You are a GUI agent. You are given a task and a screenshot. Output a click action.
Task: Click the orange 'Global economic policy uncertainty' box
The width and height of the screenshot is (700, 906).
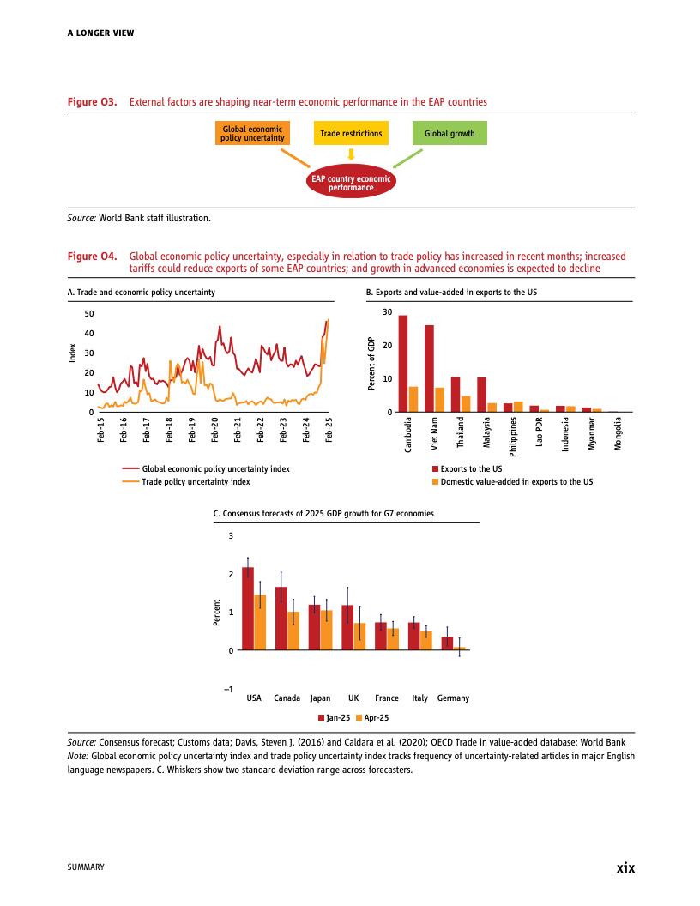(x=252, y=133)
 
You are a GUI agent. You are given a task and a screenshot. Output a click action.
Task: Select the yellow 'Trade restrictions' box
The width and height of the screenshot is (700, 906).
(x=351, y=134)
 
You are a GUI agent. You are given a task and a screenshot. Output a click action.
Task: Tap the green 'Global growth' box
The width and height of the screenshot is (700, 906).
(x=450, y=134)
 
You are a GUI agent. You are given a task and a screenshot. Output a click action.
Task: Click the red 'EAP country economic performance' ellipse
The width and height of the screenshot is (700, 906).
(x=351, y=183)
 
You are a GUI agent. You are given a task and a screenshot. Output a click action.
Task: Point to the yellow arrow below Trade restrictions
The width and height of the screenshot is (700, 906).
(x=351, y=154)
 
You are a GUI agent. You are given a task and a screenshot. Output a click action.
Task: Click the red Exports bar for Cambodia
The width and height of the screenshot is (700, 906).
(x=403, y=364)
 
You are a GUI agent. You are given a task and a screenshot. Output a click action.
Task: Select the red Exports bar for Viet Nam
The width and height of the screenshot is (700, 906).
(x=429, y=369)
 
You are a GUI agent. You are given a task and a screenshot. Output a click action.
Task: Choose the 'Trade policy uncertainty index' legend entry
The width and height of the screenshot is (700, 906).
(x=196, y=482)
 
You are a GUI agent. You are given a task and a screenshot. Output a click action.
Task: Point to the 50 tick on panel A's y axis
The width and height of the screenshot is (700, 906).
(x=89, y=313)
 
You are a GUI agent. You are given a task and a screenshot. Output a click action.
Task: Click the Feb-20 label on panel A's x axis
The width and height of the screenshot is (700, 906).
(x=215, y=428)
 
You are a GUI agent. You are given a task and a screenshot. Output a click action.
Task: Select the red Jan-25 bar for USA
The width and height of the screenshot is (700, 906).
(x=248, y=608)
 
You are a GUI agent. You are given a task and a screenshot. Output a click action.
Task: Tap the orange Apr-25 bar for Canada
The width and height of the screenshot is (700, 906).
(x=293, y=631)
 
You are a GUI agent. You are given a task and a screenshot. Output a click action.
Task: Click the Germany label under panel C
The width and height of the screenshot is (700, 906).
(x=453, y=698)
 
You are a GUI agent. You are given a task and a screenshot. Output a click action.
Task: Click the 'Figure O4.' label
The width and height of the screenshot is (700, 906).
(x=92, y=257)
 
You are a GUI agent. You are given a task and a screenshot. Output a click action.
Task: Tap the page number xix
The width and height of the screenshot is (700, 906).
(x=625, y=867)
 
